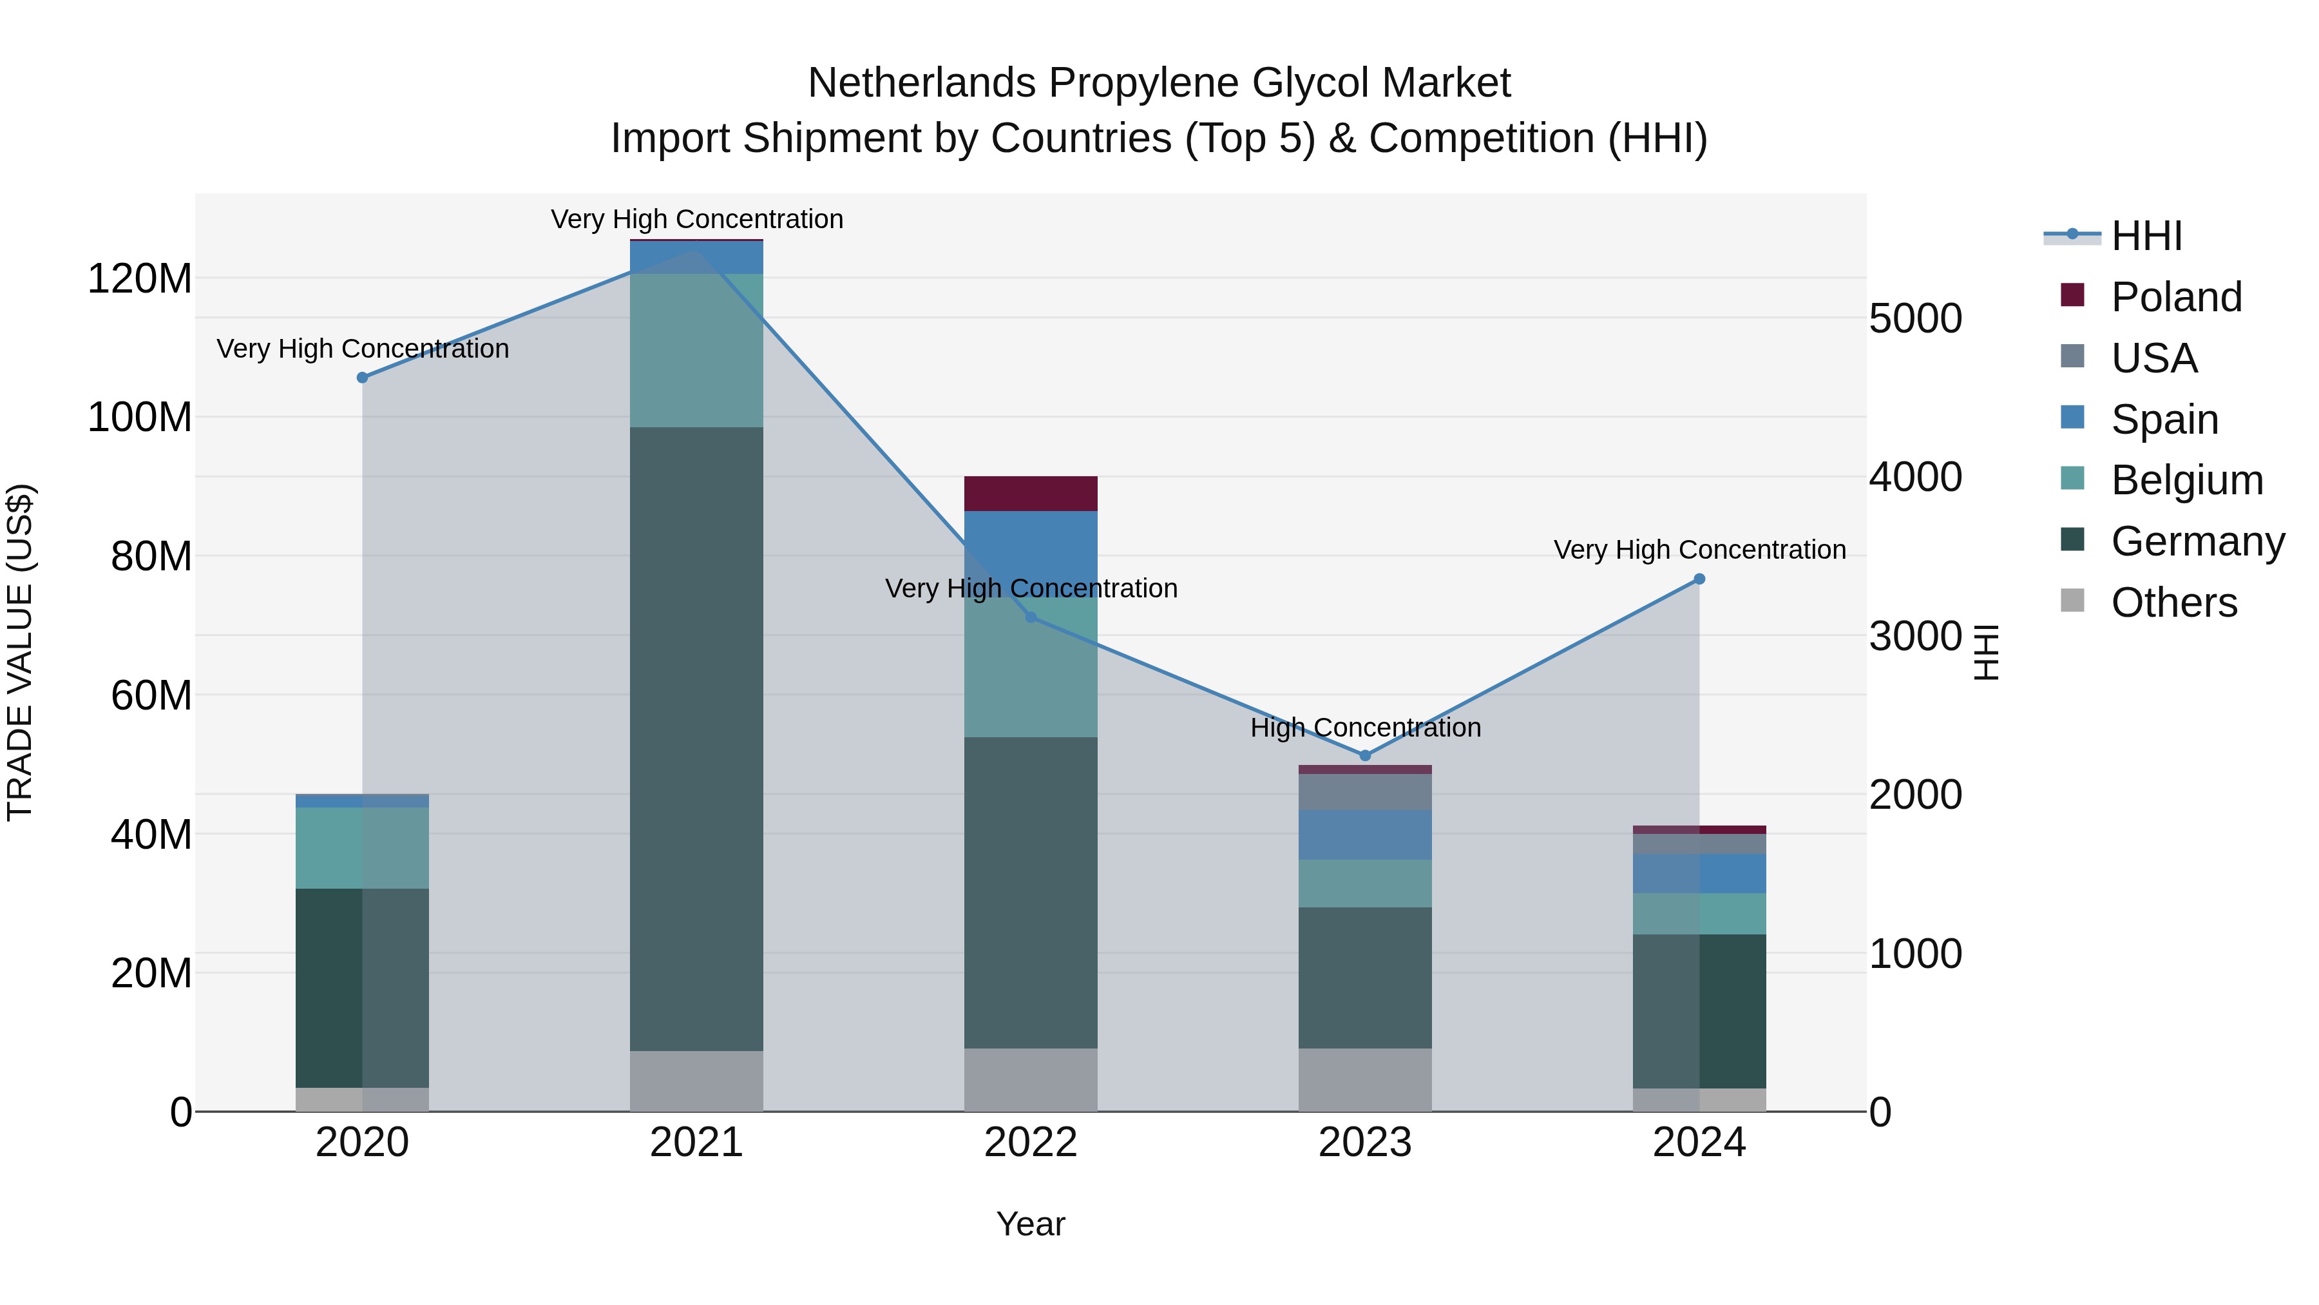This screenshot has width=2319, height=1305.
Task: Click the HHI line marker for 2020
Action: tap(363, 378)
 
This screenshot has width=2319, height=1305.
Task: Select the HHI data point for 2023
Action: tap(1365, 756)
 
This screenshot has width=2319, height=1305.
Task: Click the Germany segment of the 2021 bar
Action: tap(696, 739)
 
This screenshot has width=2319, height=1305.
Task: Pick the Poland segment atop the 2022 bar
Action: tap(1031, 494)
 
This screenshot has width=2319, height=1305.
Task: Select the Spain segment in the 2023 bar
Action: tap(1365, 835)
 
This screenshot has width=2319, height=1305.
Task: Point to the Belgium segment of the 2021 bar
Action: tap(696, 351)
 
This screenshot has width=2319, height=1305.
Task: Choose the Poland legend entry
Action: tap(2175, 297)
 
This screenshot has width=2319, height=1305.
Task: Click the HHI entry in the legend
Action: tap(2145, 236)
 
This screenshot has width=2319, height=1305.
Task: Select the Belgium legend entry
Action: tap(2186, 480)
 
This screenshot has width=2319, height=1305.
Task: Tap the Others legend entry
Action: tap(2173, 603)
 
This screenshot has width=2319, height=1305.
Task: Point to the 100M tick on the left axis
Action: tap(140, 418)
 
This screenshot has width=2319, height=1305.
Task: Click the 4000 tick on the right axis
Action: tap(1916, 478)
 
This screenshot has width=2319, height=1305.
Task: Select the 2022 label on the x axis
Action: tap(1031, 1143)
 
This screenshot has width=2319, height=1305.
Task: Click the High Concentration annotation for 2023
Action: tap(1365, 728)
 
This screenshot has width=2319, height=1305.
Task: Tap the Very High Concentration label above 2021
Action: tap(697, 219)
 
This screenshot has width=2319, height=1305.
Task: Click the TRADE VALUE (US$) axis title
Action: tap(20, 652)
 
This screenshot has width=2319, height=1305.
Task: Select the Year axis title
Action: tap(1031, 1224)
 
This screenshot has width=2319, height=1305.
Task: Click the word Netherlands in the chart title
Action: tap(922, 83)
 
